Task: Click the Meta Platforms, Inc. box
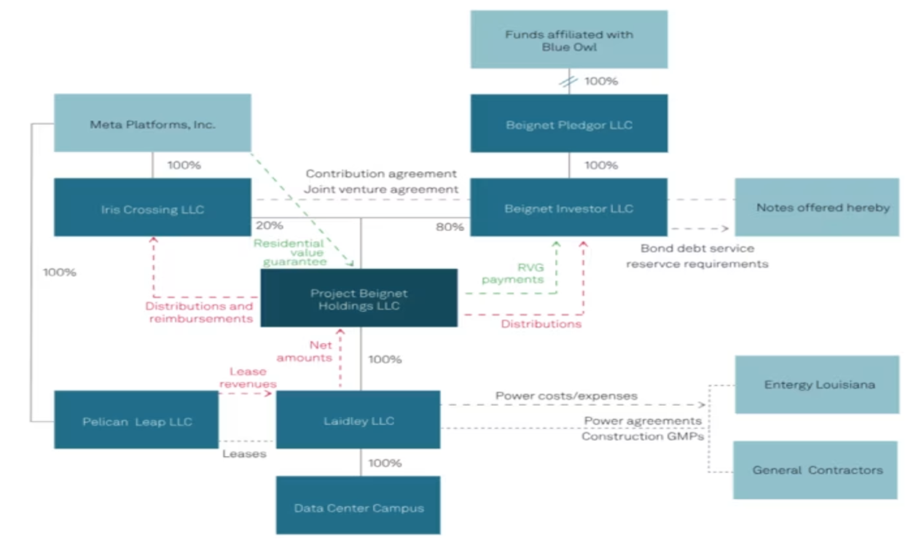(x=152, y=123)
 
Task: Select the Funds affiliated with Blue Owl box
(x=569, y=39)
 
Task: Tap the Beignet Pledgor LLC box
(x=569, y=123)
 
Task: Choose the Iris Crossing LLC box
(x=152, y=207)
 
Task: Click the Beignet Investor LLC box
(x=569, y=207)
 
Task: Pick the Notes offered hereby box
(x=817, y=207)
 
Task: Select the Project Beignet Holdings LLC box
(x=359, y=298)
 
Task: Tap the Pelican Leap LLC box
(x=136, y=420)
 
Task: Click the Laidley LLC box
(x=358, y=420)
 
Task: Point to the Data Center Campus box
(x=358, y=506)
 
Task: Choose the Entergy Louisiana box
(x=817, y=385)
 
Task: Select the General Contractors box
(x=815, y=471)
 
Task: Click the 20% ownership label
(x=270, y=226)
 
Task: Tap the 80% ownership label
(x=450, y=227)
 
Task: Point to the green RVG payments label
(x=513, y=273)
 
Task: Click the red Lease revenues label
(x=248, y=377)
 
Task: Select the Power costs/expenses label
(x=566, y=396)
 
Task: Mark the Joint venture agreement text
(x=381, y=189)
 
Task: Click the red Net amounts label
(x=305, y=351)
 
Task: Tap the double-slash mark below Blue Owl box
(x=568, y=82)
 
